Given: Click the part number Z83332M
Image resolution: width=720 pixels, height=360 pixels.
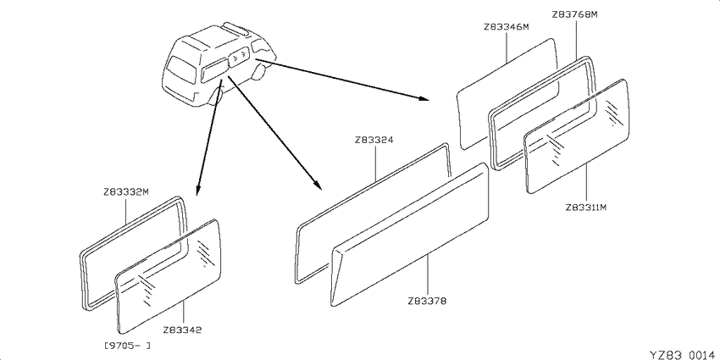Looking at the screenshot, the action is coord(126,192).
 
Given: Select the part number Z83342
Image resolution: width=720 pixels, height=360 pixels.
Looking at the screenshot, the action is coord(182,330).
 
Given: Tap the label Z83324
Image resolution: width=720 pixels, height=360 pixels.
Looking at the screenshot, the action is coord(374,140).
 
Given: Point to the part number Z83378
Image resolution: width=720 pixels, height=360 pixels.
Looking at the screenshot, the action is coord(427,302).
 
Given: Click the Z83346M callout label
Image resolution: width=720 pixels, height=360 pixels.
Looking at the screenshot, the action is coord(507,26).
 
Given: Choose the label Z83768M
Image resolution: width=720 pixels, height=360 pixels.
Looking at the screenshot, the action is coord(574,14).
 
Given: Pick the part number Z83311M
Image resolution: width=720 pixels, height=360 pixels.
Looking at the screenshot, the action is coord(586,207).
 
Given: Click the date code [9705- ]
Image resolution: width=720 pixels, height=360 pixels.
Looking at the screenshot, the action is coord(128,346).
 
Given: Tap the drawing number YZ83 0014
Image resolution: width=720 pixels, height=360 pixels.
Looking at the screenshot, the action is coord(684,354).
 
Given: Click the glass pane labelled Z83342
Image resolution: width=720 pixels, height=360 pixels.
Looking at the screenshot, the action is coord(169,276).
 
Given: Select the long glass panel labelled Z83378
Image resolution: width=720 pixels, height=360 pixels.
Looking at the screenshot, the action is coord(410,234).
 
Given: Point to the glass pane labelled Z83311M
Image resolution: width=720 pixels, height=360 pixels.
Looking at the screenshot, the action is coord(576,136).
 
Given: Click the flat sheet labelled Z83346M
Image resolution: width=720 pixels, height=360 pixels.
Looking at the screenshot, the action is coord(507,94).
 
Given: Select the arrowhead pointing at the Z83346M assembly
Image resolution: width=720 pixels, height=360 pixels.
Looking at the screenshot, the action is coord(424,97).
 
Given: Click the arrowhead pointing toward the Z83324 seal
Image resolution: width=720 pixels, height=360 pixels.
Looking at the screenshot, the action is coord(318,186).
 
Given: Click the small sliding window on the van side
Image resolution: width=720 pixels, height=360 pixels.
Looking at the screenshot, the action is coord(238,58).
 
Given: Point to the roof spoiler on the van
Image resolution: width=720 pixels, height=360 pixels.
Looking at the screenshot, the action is coord(235,28).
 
